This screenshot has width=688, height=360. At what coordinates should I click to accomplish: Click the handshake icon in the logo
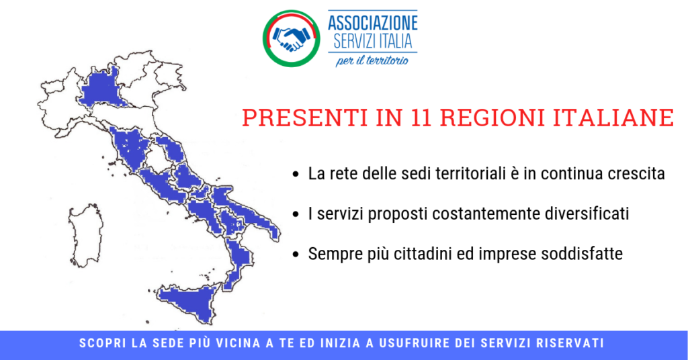coord(291,38)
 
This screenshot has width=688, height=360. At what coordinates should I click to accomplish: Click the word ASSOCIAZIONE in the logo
coord(372,23)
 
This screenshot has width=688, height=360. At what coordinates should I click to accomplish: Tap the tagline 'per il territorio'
coord(372,60)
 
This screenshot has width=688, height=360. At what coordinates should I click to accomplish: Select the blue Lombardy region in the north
coord(102,90)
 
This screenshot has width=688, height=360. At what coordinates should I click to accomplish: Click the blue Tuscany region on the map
coord(130,147)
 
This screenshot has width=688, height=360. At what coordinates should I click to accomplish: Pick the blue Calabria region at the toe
coord(237,263)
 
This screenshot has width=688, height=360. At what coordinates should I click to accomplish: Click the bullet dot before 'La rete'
coord(296,175)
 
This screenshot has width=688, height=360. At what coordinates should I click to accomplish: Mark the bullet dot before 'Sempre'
coord(296,255)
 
